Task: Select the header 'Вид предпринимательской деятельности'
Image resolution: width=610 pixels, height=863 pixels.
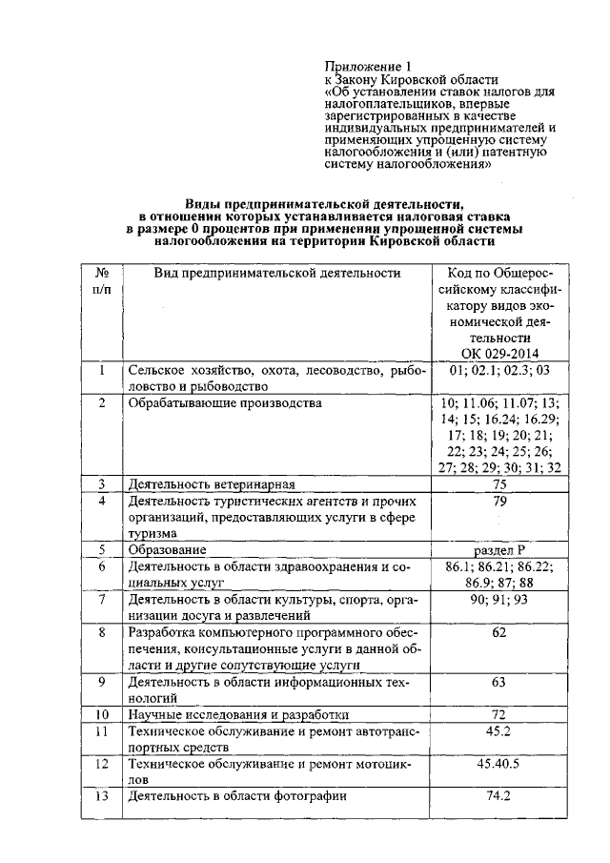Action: [x=276, y=274]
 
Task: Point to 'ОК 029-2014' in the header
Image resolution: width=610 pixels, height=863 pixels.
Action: [x=499, y=353]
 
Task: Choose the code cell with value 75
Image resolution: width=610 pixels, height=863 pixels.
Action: [x=499, y=484]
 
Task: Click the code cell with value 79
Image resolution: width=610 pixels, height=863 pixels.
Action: [x=499, y=501]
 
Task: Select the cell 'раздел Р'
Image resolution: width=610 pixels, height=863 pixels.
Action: [x=499, y=549]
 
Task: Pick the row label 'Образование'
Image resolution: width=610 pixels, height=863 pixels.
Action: [x=168, y=550]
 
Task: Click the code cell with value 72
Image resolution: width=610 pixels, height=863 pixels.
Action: [x=499, y=713]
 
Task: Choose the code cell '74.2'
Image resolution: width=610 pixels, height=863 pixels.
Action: [x=499, y=795]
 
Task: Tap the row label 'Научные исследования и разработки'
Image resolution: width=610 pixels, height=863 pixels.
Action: [x=238, y=714]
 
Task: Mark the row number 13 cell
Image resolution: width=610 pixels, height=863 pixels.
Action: [x=101, y=795]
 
